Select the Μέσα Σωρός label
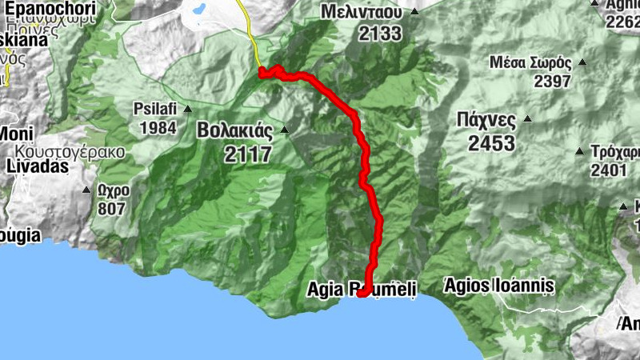[531, 62]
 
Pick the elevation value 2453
[492, 143]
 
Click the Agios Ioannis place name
[498, 285]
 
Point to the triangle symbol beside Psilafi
[187, 109]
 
